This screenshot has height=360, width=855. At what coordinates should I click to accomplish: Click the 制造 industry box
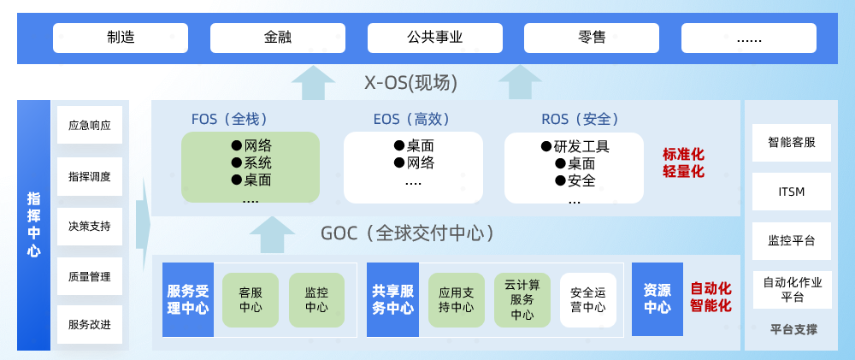pyautogui.click(x=121, y=38)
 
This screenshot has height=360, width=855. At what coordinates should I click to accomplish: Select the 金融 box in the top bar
pyautogui.click(x=278, y=38)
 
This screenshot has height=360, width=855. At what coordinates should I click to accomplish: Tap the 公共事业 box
pyautogui.click(x=434, y=38)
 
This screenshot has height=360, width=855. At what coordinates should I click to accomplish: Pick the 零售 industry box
pyautogui.click(x=592, y=38)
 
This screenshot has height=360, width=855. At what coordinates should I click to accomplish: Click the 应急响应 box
pyautogui.click(x=90, y=126)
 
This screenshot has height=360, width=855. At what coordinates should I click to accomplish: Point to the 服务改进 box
pyautogui.click(x=90, y=325)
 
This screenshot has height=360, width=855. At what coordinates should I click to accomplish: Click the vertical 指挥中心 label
pyautogui.click(x=34, y=225)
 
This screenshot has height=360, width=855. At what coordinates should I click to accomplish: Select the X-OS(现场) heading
pyautogui.click(x=410, y=83)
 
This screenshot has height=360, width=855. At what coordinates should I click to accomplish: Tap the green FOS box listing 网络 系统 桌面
pyautogui.click(x=251, y=167)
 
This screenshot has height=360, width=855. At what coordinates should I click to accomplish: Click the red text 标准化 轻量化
pyautogui.click(x=684, y=163)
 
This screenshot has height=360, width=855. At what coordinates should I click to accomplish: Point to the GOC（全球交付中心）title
pyautogui.click(x=407, y=233)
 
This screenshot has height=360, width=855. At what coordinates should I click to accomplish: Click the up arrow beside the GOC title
pyautogui.click(x=272, y=235)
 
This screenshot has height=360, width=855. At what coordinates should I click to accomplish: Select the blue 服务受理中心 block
pyautogui.click(x=187, y=299)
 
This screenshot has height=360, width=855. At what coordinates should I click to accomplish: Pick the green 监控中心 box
pyautogui.click(x=316, y=300)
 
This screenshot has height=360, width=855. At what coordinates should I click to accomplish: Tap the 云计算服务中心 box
pyautogui.click(x=522, y=300)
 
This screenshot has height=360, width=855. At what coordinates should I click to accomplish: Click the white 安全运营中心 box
pyautogui.click(x=588, y=300)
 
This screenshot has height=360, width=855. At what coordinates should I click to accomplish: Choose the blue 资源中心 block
pyautogui.click(x=657, y=299)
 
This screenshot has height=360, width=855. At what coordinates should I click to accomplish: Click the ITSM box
pyautogui.click(x=792, y=192)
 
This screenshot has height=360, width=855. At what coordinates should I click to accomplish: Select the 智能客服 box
pyautogui.click(x=792, y=143)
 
